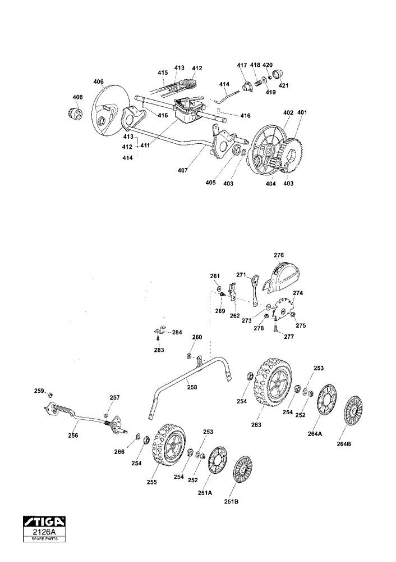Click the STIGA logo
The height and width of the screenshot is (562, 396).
pyautogui.click(x=44, y=521)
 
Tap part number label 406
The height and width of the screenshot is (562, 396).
pyautogui.click(x=98, y=81)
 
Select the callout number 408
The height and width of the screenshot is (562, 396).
pyautogui.click(x=77, y=97)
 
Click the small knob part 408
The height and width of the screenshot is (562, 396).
pyautogui.click(x=75, y=112)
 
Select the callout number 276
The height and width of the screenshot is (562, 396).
pyautogui.click(x=279, y=255)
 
